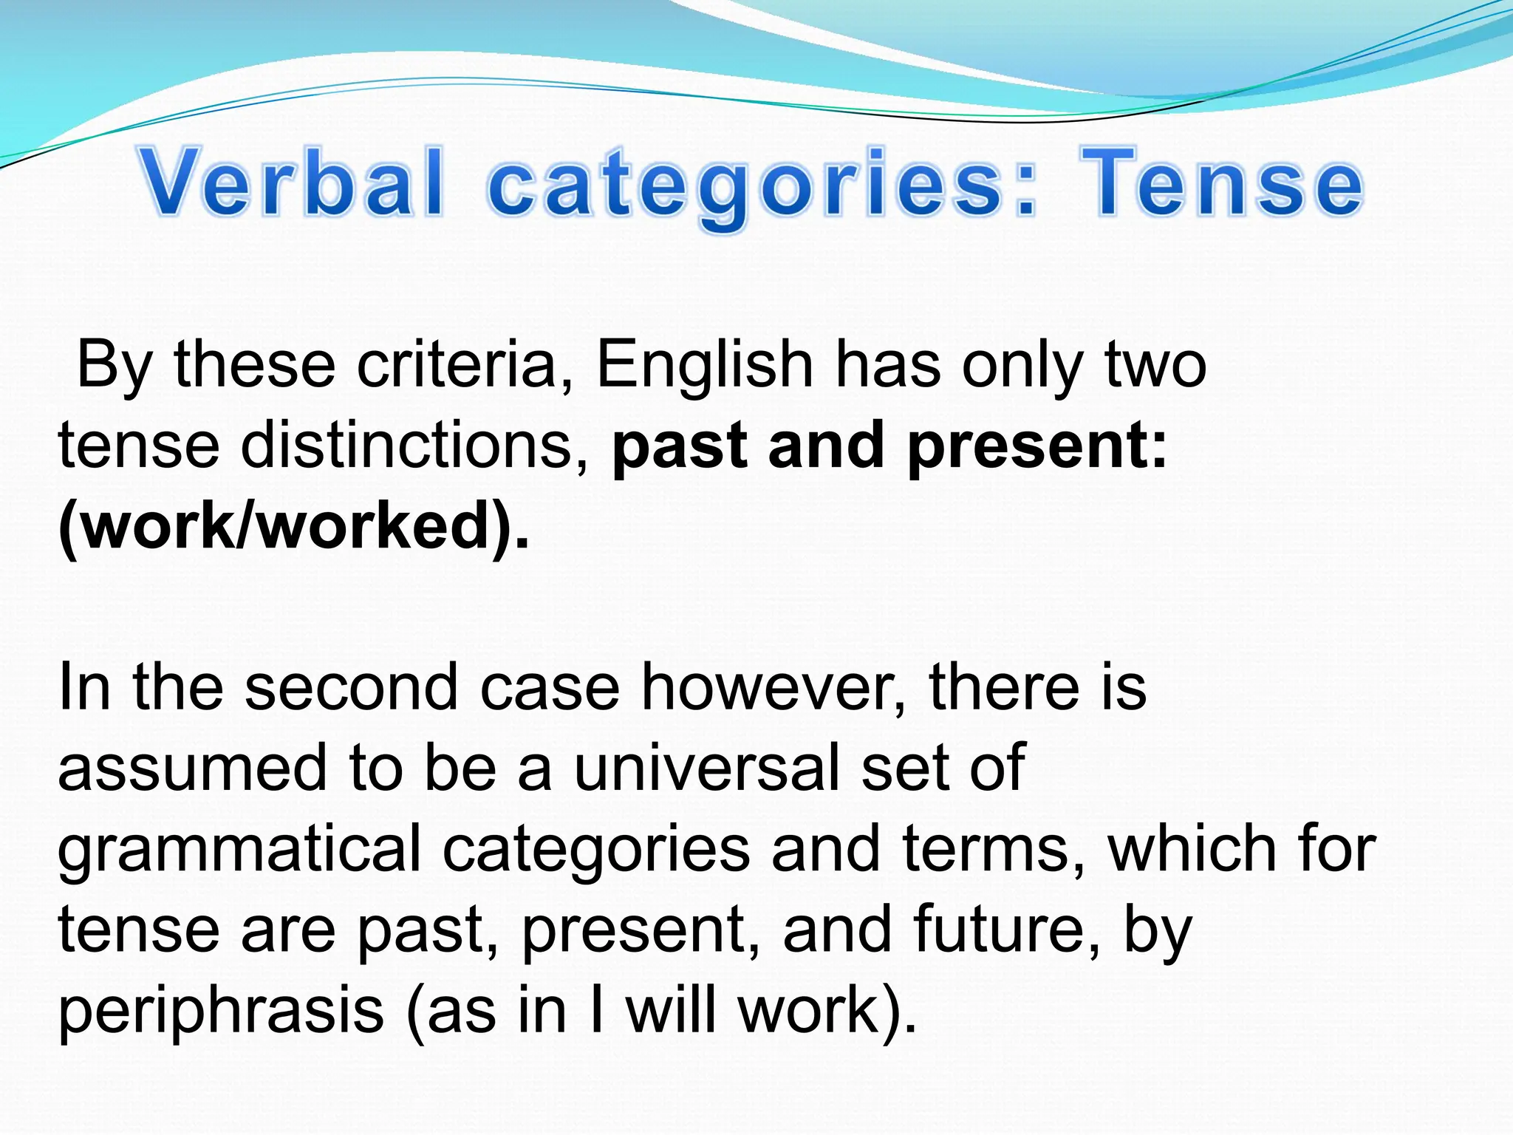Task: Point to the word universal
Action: [x=706, y=768]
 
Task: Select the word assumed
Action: [x=192, y=768]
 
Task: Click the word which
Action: [x=1192, y=849]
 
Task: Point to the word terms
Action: [x=994, y=849]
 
